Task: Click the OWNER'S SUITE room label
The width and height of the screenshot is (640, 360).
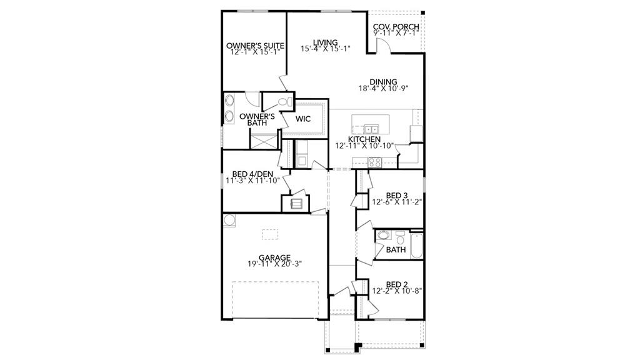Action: [x=256, y=46]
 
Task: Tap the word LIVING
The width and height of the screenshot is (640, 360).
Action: [x=325, y=42]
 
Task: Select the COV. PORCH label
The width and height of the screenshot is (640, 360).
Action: [x=396, y=27]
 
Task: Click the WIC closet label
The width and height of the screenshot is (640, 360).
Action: [x=303, y=118]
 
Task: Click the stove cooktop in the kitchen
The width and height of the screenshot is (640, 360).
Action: [x=375, y=161]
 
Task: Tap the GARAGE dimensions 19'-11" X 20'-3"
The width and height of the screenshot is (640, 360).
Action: [x=274, y=264]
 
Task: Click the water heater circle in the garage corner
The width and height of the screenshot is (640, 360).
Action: [x=229, y=219]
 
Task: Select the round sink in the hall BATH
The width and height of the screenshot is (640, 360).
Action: [x=384, y=236]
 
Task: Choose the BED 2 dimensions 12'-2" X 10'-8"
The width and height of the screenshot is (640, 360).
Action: [x=397, y=291]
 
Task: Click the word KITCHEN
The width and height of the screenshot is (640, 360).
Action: [x=364, y=139]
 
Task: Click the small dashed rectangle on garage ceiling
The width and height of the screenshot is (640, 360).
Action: [x=270, y=234]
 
